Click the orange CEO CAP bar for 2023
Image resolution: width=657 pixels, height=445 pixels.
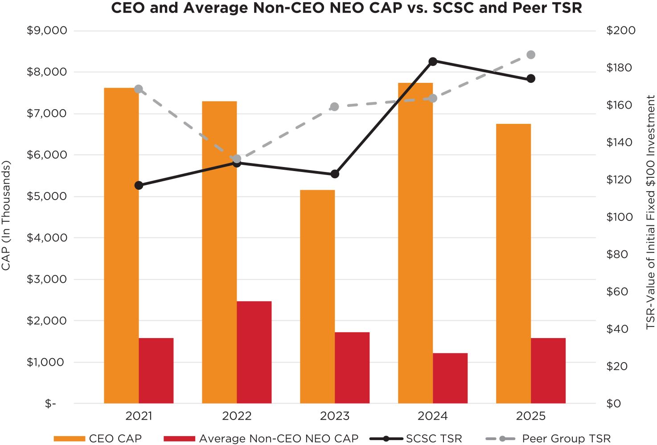click(317, 297)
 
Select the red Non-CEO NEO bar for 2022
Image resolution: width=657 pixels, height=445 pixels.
click(254, 352)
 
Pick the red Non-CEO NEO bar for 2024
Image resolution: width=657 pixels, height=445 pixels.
click(450, 378)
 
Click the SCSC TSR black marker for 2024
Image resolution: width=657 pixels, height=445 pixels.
click(433, 61)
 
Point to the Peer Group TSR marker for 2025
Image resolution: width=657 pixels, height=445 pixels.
click(531, 55)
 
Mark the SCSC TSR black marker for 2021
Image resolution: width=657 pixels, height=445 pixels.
click(139, 185)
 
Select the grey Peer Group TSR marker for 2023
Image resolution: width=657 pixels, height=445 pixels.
click(335, 107)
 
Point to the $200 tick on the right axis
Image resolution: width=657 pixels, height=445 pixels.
click(621, 31)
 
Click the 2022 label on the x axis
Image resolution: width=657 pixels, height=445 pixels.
click(237, 416)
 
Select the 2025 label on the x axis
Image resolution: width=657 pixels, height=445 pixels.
click(531, 416)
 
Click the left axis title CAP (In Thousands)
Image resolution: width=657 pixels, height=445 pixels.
click(6, 216)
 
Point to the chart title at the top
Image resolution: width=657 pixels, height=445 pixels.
click(346, 8)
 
